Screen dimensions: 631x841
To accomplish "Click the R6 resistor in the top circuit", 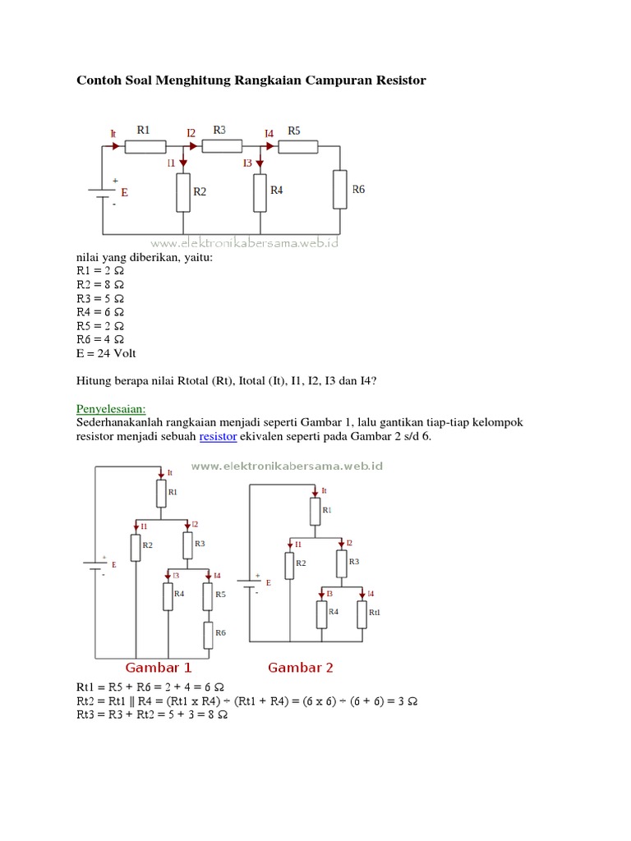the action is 339,189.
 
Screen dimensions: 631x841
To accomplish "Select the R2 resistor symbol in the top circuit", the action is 183,191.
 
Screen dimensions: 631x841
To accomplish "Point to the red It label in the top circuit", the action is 113,132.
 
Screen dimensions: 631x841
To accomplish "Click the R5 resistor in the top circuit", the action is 297,147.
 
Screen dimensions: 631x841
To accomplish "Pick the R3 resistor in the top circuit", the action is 222,146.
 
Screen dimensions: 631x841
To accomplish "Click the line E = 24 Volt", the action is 106,353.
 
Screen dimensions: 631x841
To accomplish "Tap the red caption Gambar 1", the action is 158,667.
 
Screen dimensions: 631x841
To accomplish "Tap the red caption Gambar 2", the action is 301,667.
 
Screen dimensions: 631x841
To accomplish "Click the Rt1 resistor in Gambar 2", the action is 362,614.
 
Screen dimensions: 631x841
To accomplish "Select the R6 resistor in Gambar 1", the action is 209,633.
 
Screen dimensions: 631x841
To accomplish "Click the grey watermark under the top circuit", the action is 245,243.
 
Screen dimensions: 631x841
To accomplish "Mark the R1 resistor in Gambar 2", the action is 315,512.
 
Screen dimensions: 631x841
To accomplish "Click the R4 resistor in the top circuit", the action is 260,191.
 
